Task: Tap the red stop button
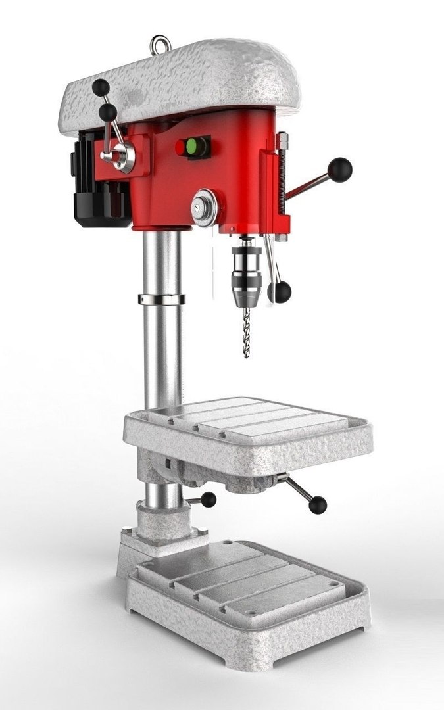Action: pos(181,148)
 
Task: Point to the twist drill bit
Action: pos(247,332)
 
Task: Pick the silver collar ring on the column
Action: pos(160,299)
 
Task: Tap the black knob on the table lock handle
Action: pos(318,504)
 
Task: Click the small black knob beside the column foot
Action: pos(209,500)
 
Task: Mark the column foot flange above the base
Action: pos(161,526)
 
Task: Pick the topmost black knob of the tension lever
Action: pos(100,86)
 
